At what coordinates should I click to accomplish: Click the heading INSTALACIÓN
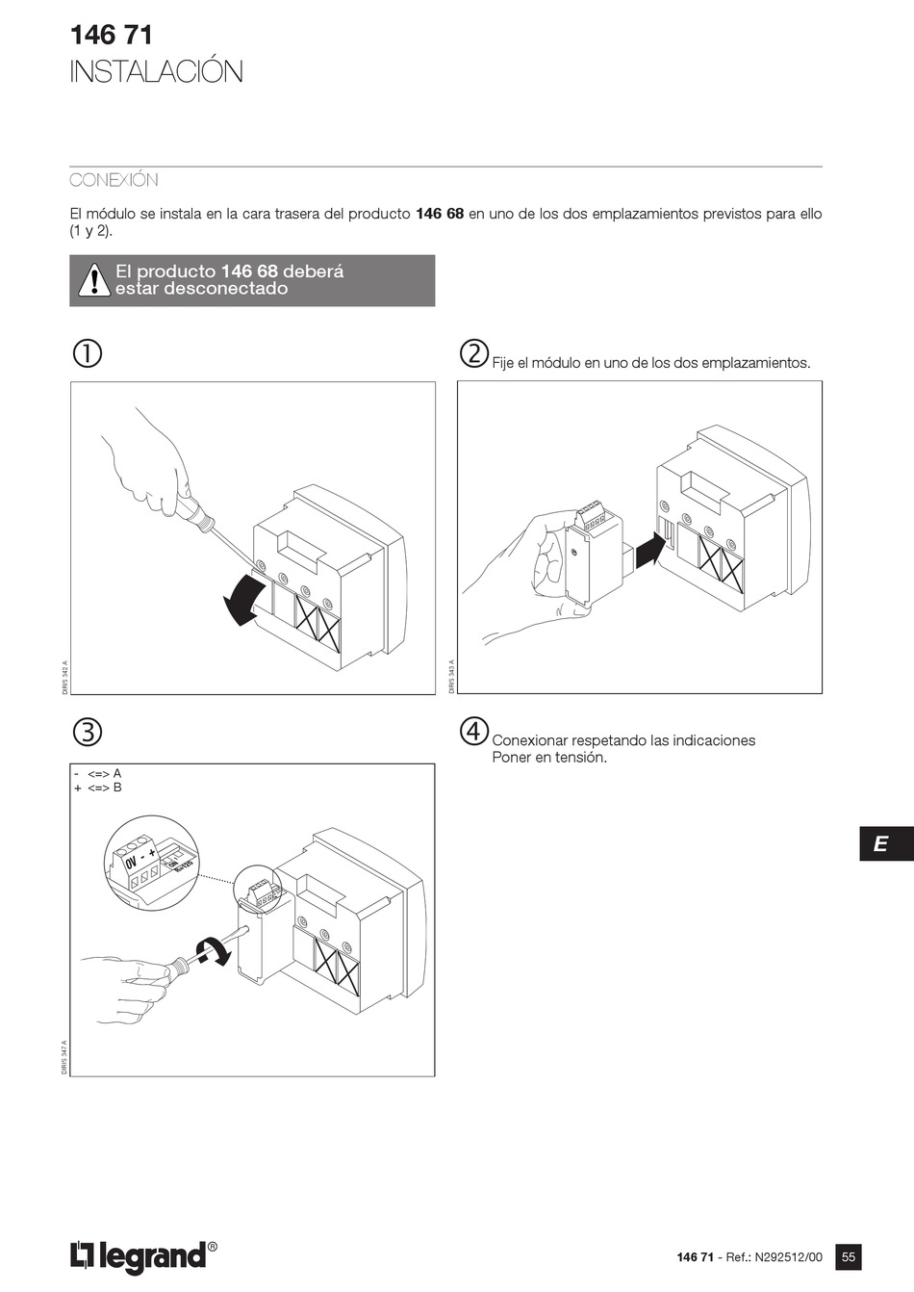(x=156, y=72)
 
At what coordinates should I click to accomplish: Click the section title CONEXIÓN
(x=114, y=180)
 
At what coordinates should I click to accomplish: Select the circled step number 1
(x=87, y=353)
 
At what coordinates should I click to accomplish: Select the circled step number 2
(x=473, y=353)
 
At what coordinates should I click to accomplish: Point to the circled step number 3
(x=87, y=732)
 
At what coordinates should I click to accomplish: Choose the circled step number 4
(x=473, y=732)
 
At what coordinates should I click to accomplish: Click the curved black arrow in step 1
(x=241, y=602)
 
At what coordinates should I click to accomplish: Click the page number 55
(x=848, y=1256)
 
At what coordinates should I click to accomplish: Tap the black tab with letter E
(x=879, y=844)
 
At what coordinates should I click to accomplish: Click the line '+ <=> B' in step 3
(x=98, y=788)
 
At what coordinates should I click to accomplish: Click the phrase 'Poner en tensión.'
(x=549, y=757)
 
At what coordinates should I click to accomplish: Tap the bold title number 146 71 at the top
(x=111, y=36)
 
